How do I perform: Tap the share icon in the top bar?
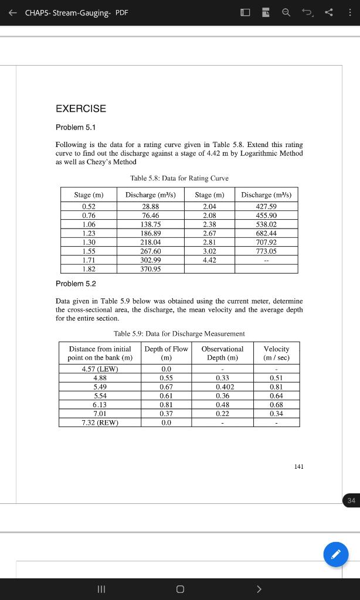tap(328, 13)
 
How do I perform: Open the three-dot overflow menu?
tap(349, 13)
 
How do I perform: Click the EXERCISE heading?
tap(81, 108)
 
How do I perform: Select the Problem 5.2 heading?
tap(75, 284)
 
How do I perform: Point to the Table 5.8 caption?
tap(179, 178)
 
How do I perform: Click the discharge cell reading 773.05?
tap(266, 251)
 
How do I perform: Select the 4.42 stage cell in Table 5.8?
tap(209, 260)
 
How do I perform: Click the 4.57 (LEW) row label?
tap(100, 369)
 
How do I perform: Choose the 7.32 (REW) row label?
tap(100, 423)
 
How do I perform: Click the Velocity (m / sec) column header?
tap(276, 353)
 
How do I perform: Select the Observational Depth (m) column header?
tap(222, 353)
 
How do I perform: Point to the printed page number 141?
tap(298, 466)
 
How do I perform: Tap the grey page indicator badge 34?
tap(351, 500)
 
